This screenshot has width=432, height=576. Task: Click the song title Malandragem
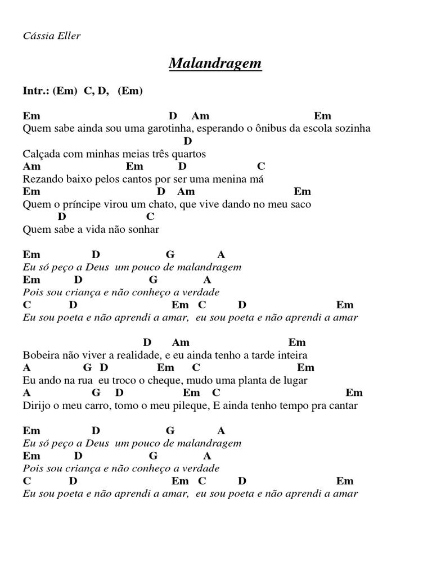pos(215,64)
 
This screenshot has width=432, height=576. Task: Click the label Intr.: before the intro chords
pos(36,91)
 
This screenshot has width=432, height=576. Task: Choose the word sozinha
pos(352,128)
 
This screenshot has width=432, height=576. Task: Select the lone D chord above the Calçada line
pos(188,141)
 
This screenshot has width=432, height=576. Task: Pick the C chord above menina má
pos(260,166)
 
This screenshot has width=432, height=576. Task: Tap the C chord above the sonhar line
pos(150,217)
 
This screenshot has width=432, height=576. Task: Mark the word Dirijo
pos(37,406)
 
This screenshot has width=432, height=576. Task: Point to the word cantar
pos(342,406)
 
